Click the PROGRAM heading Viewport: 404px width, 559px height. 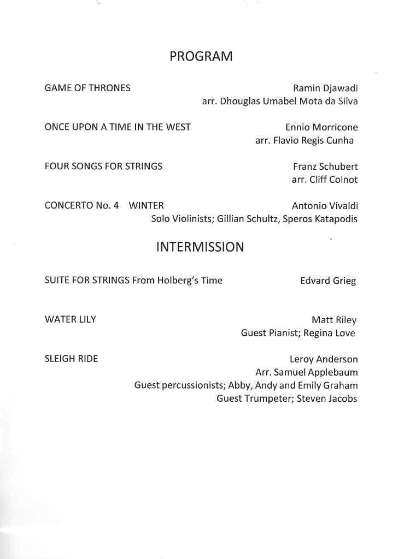pyautogui.click(x=201, y=56)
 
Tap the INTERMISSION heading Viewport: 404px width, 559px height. pyautogui.click(x=200, y=247)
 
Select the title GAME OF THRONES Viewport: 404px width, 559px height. pyautogui.click(x=87, y=88)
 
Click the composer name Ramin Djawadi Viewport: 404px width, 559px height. pyautogui.click(x=325, y=88)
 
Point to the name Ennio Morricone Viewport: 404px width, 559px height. pyautogui.click(x=321, y=127)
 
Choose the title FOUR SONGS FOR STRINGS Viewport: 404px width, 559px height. pyautogui.click(x=103, y=166)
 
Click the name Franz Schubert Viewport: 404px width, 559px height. pyautogui.click(x=325, y=166)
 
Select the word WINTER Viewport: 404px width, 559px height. pyautogui.click(x=146, y=206)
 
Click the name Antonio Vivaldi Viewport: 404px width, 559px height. pyautogui.click(x=325, y=206)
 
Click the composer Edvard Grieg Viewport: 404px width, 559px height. pyautogui.click(x=328, y=281)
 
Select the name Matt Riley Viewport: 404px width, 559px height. pyautogui.click(x=333, y=320)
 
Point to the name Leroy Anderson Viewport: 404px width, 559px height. pyautogui.click(x=324, y=359)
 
